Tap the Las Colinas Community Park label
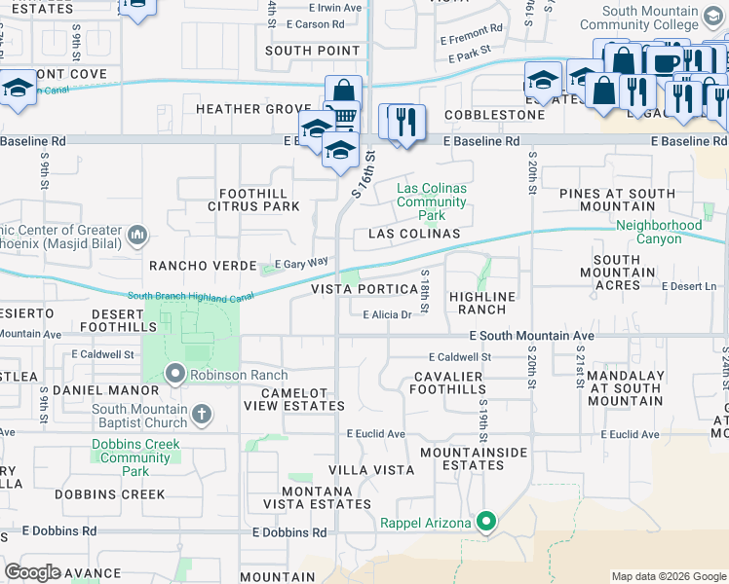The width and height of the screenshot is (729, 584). pyautogui.click(x=432, y=201)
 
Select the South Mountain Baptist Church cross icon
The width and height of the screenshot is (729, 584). pyautogui.click(x=202, y=416)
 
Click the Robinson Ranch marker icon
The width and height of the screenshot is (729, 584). pyautogui.click(x=175, y=374)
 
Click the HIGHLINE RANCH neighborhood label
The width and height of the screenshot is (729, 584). pyautogui.click(x=481, y=302)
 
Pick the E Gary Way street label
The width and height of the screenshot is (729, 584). pyautogui.click(x=301, y=263)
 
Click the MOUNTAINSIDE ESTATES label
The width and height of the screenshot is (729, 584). pyautogui.click(x=474, y=459)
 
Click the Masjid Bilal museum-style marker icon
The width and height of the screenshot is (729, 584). pyautogui.click(x=137, y=235)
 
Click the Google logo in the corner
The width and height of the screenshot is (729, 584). pyautogui.click(x=33, y=572)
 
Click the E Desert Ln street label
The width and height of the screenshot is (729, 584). pyautogui.click(x=689, y=286)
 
